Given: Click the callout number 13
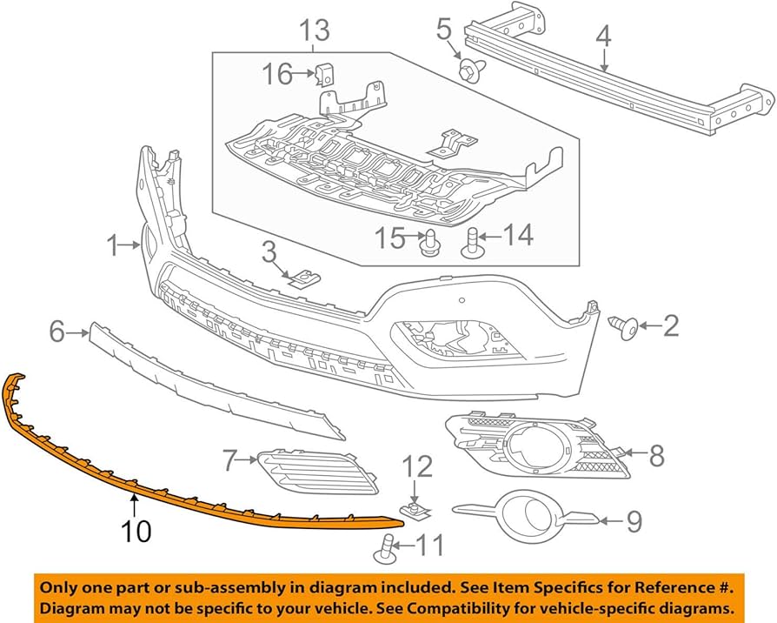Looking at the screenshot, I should (315, 31).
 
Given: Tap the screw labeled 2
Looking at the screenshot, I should (628, 327).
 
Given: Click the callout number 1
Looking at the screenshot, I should (112, 247).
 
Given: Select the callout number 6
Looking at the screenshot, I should (57, 331).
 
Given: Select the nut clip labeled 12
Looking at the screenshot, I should (415, 506).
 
